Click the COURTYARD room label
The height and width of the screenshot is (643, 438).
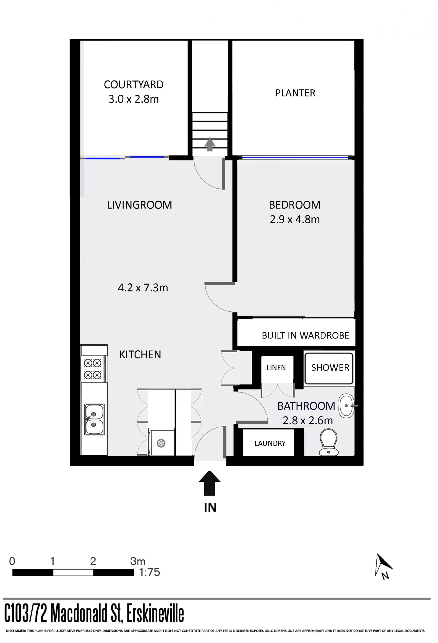pyautogui.click(x=134, y=84)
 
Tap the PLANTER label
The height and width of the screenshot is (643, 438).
pyautogui.click(x=295, y=93)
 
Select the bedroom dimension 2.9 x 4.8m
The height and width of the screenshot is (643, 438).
pyautogui.click(x=295, y=219)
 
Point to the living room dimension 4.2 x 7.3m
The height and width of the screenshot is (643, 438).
pyautogui.click(x=143, y=288)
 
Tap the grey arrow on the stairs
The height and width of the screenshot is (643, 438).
pyautogui.click(x=210, y=144)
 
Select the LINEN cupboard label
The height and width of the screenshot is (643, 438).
pyautogui.click(x=276, y=368)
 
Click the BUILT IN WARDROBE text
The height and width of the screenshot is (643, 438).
pyautogui.click(x=305, y=335)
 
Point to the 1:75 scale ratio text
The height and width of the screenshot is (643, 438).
pyautogui.click(x=150, y=572)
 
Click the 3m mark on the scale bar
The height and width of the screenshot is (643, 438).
pyautogui.click(x=138, y=561)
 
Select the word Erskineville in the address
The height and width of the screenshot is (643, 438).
pyautogui.click(x=155, y=614)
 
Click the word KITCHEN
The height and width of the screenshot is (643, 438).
pyautogui.click(x=140, y=355)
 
